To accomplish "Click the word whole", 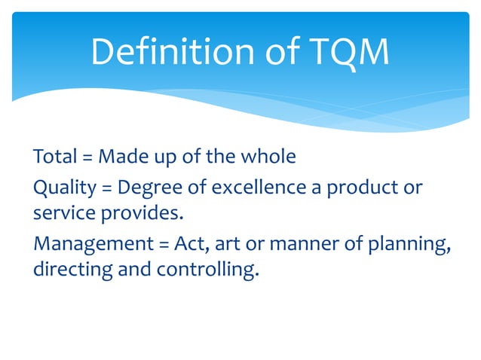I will [x=270, y=157].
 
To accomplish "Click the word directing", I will [x=72, y=269].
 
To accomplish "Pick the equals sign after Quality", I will [x=105, y=186].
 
